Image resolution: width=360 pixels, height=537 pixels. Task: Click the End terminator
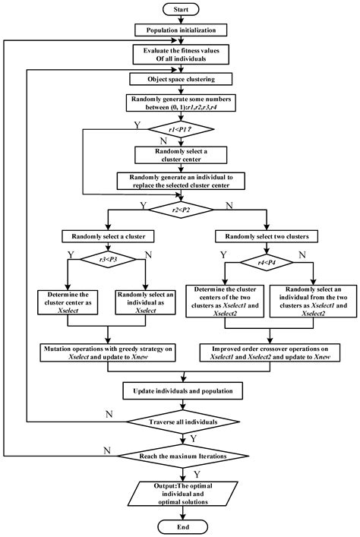click(x=180, y=526)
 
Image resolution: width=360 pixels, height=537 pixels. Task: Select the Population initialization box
click(x=180, y=30)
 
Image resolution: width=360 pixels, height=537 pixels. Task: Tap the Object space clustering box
click(x=180, y=78)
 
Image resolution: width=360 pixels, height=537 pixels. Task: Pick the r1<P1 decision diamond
click(x=180, y=130)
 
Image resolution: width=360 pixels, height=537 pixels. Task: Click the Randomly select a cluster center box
click(x=180, y=155)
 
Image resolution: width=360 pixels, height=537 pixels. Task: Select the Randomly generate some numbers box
click(x=180, y=103)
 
